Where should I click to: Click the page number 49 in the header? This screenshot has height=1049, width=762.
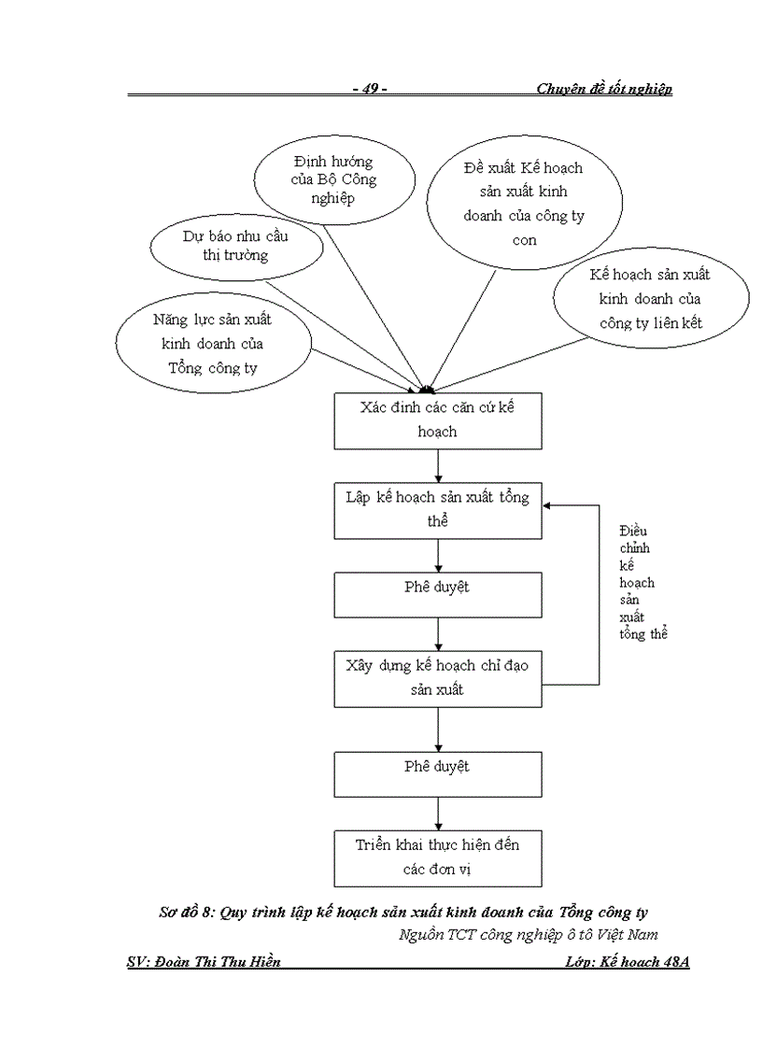pos(371,89)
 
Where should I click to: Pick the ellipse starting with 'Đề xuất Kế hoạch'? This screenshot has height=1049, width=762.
pos(523,203)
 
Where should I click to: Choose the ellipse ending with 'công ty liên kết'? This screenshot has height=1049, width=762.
pos(650,300)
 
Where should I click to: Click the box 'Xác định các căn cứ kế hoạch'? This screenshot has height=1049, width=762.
pos(438,419)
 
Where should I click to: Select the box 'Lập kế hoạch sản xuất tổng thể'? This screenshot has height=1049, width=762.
pos(438,510)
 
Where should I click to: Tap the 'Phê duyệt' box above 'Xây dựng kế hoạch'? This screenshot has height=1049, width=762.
pos(438,593)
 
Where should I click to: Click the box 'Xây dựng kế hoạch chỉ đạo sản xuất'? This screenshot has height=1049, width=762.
pos(438,677)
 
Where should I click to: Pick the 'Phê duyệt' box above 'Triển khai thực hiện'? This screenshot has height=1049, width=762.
pos(438,773)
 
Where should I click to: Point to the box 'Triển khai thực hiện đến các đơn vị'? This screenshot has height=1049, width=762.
pos(438,857)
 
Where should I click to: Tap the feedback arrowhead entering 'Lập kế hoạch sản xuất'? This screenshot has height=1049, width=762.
pos(549,504)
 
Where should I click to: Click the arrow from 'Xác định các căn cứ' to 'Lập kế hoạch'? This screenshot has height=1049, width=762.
pos(438,465)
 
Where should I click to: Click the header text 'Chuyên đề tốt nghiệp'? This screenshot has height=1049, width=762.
pos(604,89)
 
